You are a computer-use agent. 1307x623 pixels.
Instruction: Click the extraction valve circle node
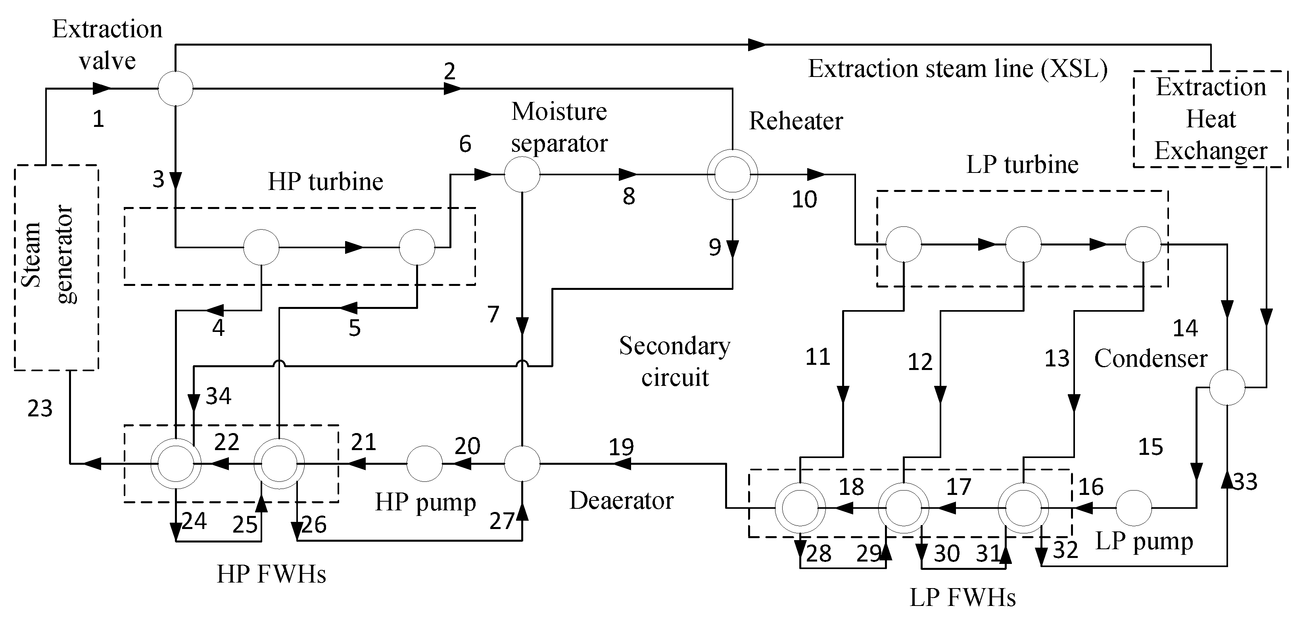pyautogui.click(x=176, y=88)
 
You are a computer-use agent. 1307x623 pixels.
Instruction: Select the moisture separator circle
pyautogui.click(x=522, y=174)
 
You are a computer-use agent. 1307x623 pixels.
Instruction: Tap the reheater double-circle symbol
pyautogui.click(x=732, y=174)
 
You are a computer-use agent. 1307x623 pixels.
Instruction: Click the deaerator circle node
pyautogui.click(x=522, y=464)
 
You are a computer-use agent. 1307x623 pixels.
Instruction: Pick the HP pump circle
pyautogui.click(x=424, y=464)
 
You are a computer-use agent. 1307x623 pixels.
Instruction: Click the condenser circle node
pyautogui.click(x=1227, y=387)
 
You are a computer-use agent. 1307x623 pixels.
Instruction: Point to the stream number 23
pyautogui.click(x=40, y=409)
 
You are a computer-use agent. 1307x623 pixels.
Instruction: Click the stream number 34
pyautogui.click(x=218, y=396)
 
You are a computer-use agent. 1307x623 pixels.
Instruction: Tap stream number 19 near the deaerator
pyautogui.click(x=621, y=447)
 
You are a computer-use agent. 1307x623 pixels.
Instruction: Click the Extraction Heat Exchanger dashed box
pyautogui.click(x=1211, y=119)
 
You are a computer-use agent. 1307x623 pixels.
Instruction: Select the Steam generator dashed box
pyautogui.click(x=56, y=267)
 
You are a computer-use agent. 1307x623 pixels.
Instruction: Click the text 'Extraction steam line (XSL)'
pyautogui.click(x=958, y=69)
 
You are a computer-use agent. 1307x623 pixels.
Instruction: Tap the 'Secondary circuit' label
pyautogui.click(x=674, y=362)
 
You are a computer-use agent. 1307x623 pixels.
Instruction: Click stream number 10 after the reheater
pyautogui.click(x=804, y=199)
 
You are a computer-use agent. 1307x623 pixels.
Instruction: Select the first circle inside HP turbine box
pyautogui.click(x=261, y=247)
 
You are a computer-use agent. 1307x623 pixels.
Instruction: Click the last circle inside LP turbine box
pyautogui.click(x=1143, y=245)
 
